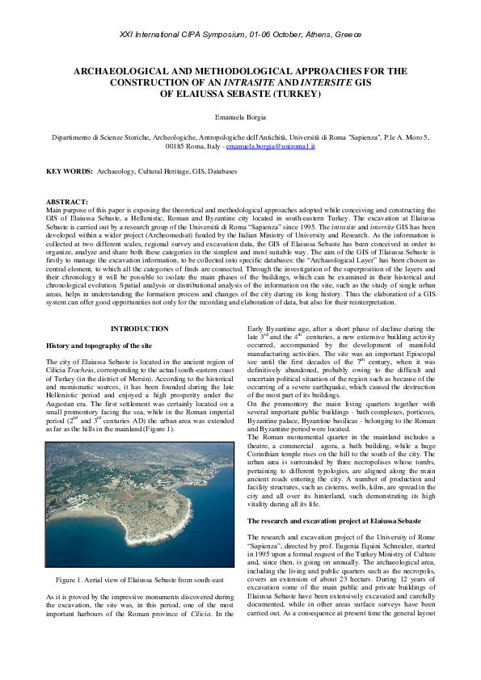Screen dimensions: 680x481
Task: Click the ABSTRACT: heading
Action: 67,202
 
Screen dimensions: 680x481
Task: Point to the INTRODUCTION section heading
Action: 140,329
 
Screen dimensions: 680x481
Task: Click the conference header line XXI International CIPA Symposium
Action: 240,35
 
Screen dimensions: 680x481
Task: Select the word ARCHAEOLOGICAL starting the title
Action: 122,71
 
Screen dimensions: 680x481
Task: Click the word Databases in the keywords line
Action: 222,172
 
